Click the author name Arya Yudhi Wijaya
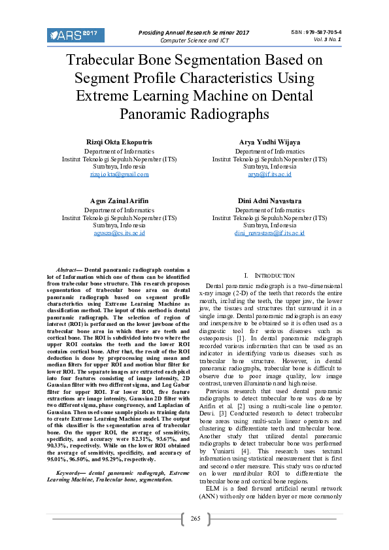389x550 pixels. point(269,142)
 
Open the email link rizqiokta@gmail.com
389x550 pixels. point(119,174)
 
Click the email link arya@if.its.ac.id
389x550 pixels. point(269,174)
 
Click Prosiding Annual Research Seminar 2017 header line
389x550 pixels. point(194,32)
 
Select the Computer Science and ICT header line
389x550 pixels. point(194,40)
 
